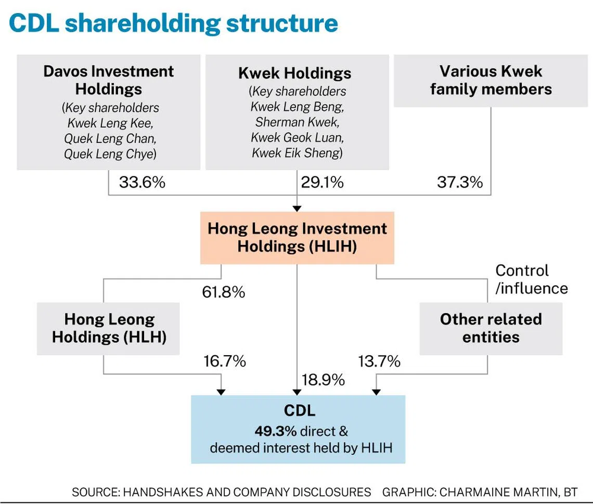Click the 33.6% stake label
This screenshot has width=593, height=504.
click(142, 182)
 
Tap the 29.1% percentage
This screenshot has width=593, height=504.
click(322, 182)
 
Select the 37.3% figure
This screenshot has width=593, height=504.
click(460, 182)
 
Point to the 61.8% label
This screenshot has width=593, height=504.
click(224, 292)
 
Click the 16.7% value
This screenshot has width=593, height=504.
click(225, 361)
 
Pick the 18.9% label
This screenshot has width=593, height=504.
click(323, 380)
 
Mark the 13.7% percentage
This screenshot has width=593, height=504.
click(379, 361)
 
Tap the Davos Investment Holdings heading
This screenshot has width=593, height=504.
click(109, 80)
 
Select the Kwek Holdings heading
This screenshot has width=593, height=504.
click(294, 73)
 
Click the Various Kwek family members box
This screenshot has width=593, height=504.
click(491, 81)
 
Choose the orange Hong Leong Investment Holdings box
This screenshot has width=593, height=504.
click(297, 238)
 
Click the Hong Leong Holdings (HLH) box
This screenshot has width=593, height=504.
click(108, 328)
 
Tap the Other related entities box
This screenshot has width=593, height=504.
click(491, 328)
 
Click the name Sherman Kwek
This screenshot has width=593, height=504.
click(297, 122)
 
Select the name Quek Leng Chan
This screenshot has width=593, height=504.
click(110, 138)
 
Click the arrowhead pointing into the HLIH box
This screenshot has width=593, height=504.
click(297, 209)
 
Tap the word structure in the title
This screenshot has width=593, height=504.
click(282, 23)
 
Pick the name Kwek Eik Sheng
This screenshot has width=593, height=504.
click(297, 153)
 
